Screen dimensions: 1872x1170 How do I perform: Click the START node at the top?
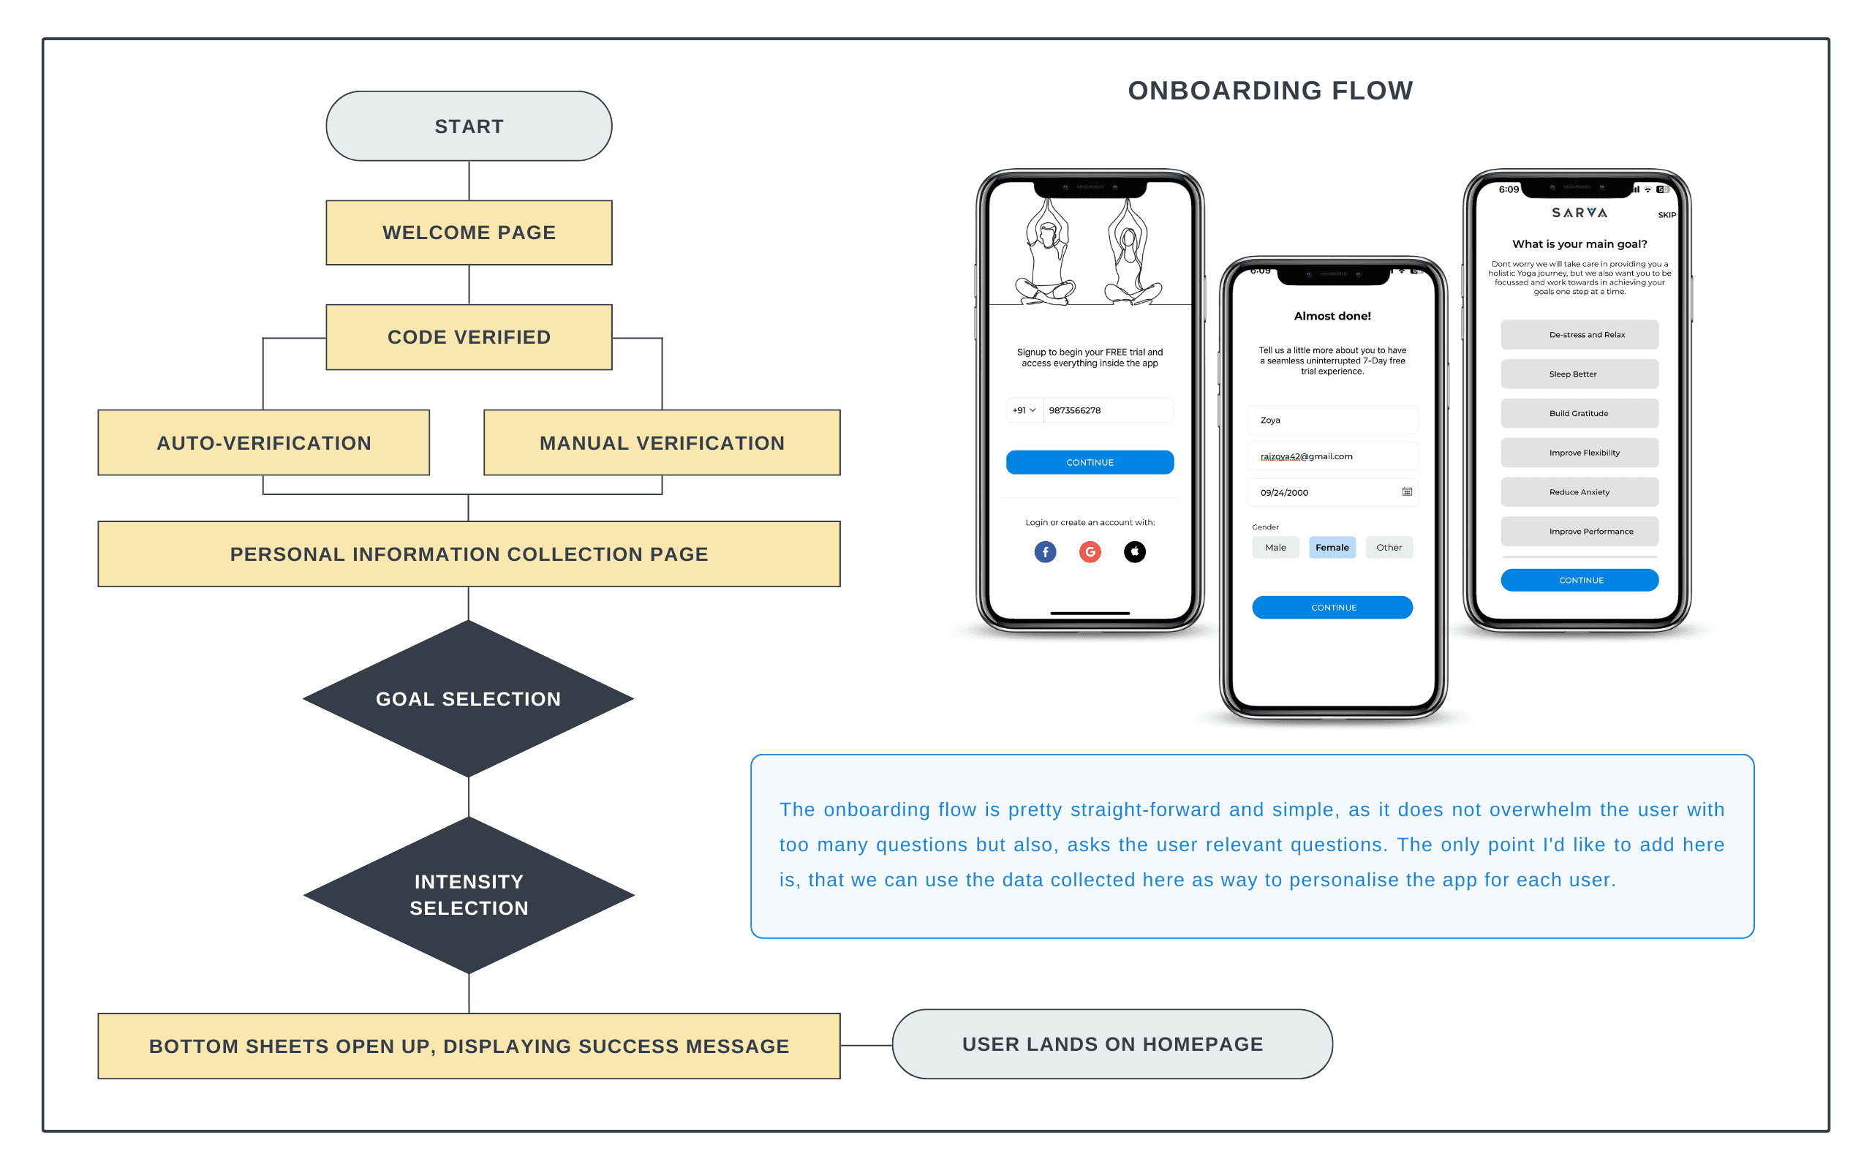(469, 126)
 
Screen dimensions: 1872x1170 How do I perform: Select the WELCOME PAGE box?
(469, 233)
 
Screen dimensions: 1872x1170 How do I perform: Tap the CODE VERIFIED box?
(469, 337)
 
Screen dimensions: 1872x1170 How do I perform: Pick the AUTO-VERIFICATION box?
(264, 442)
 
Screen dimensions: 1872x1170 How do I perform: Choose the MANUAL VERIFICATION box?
(663, 442)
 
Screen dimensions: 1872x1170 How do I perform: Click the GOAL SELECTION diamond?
(469, 699)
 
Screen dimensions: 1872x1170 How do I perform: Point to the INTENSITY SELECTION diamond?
(469, 895)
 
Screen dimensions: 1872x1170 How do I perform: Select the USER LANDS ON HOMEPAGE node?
(1112, 1044)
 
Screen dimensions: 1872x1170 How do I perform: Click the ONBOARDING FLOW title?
(1270, 91)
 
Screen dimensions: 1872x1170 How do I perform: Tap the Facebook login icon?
(1045, 551)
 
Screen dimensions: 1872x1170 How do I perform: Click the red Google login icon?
(1090, 551)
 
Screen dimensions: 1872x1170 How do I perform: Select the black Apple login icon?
(1135, 551)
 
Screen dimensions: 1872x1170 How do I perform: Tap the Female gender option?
(1332, 547)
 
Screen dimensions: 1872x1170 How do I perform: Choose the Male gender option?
(1275, 547)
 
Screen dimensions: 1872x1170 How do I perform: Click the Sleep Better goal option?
(1579, 374)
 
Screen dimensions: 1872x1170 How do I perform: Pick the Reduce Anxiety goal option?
(1579, 492)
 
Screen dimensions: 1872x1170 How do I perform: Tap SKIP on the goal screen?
(1667, 215)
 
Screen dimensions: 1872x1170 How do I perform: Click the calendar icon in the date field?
(1407, 492)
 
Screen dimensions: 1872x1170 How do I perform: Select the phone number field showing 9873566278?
(1109, 410)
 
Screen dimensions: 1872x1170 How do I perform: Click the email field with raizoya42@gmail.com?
(1332, 456)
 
